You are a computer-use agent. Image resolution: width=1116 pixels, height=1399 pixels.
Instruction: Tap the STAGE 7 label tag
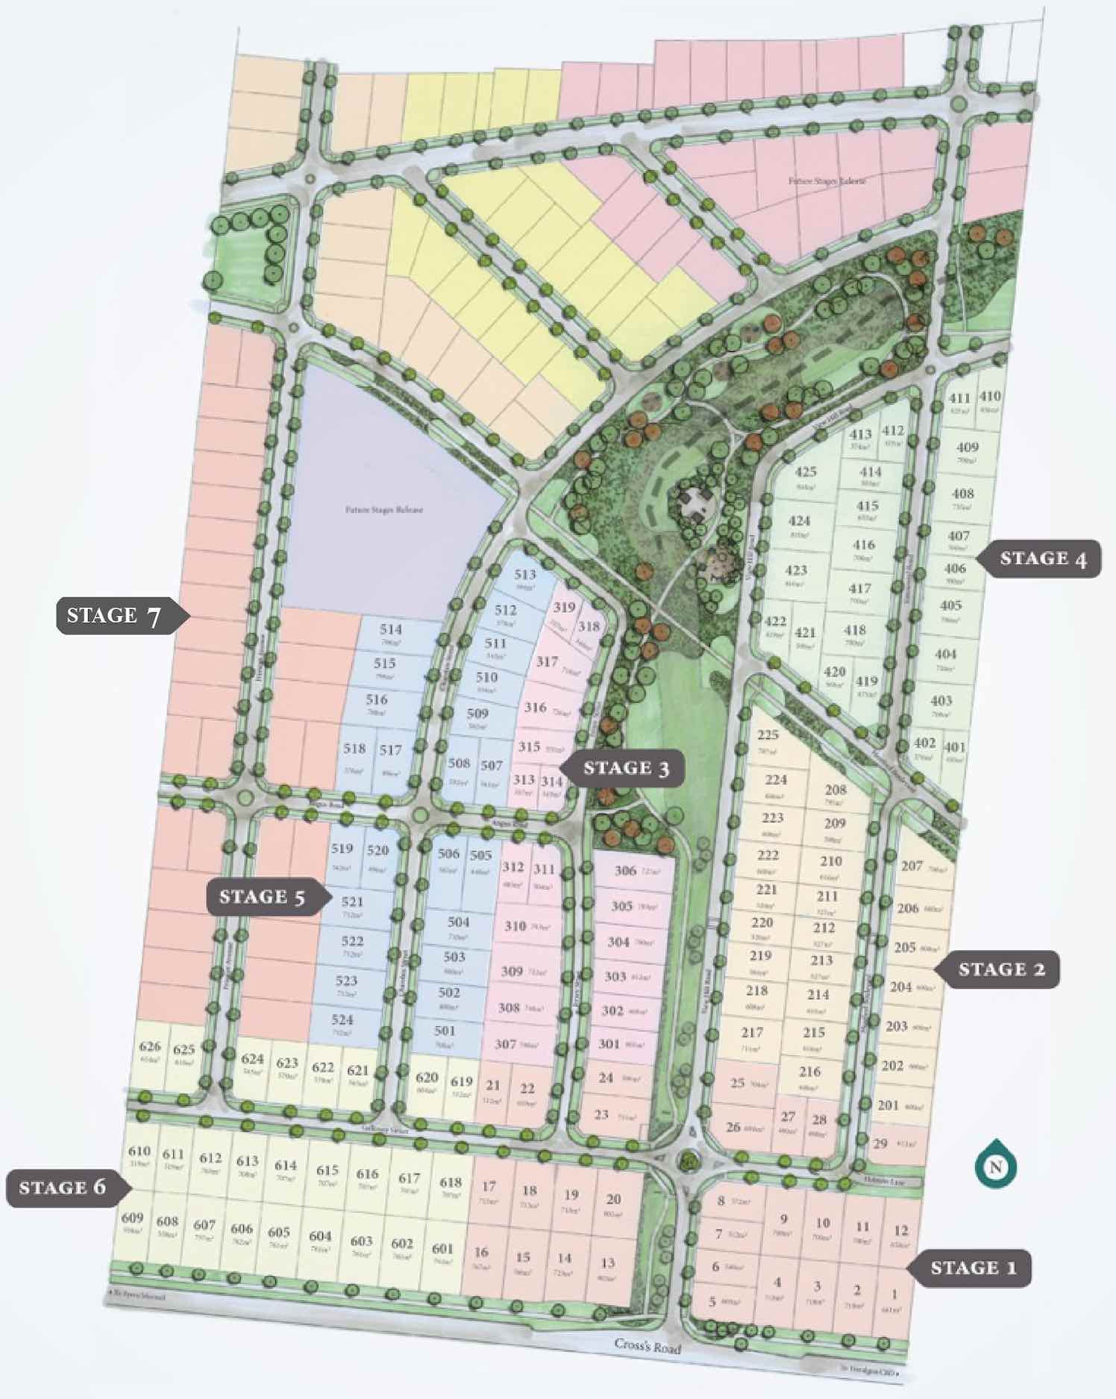(x=113, y=616)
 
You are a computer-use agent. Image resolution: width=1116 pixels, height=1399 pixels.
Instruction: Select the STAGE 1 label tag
(x=974, y=1268)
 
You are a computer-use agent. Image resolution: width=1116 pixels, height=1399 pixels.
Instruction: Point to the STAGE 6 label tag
(x=63, y=1187)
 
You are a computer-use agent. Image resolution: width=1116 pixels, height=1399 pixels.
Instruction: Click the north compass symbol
(x=995, y=1167)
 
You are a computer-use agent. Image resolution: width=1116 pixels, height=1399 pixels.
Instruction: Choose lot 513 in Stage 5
(x=525, y=578)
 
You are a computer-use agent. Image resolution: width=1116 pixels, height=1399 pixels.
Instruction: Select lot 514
(x=391, y=632)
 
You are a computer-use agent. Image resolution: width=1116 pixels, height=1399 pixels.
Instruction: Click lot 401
(x=954, y=749)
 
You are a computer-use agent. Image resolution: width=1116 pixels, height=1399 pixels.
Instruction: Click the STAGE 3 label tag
(x=625, y=768)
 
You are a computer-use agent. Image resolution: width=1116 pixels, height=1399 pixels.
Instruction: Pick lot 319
(x=564, y=611)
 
